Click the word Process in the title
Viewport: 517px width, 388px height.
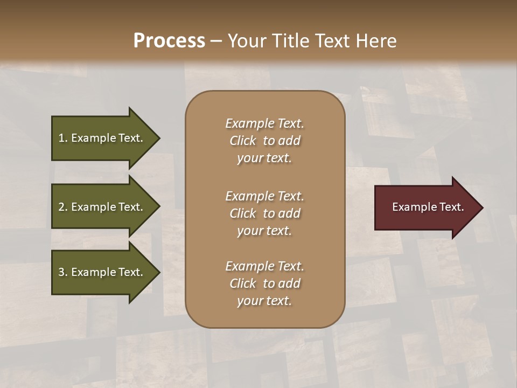(x=169, y=41)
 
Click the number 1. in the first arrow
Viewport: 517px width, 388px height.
(x=63, y=138)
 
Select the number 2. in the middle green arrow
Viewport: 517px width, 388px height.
(x=63, y=207)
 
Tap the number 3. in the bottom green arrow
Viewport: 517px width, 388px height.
(x=63, y=272)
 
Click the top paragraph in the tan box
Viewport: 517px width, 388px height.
(x=264, y=141)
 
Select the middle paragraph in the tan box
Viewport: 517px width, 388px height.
(x=264, y=213)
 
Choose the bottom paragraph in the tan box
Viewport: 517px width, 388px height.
(x=264, y=283)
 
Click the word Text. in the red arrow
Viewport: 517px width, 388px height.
(x=451, y=207)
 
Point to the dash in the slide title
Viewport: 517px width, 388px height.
(x=216, y=41)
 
